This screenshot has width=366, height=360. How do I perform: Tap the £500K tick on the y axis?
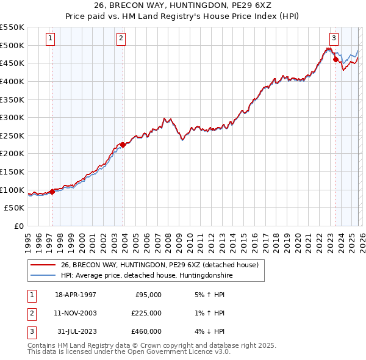click(x=12, y=45)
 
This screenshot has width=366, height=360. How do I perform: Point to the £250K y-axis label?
click(x=12, y=135)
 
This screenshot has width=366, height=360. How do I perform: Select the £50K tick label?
click(x=15, y=208)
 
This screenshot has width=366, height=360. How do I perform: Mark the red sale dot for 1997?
click(x=52, y=192)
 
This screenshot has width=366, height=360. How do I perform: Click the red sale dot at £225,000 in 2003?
click(x=123, y=145)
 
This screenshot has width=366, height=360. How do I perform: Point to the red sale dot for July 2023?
click(x=335, y=59)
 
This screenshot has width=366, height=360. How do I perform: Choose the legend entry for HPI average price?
click(x=146, y=275)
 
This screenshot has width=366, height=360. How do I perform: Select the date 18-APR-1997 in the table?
click(x=76, y=295)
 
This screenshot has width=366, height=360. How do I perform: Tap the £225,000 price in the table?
click(x=146, y=313)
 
